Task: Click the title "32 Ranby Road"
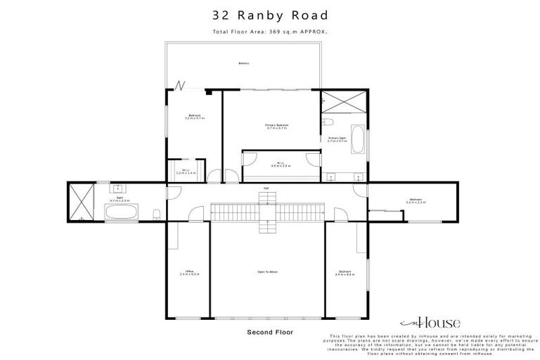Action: (271, 15)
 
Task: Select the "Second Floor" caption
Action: (270, 331)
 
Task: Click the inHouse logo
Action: (430, 323)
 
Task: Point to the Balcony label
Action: (243, 64)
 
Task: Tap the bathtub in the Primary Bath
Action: (358, 139)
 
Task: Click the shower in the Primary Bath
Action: (344, 103)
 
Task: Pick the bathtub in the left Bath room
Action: (121, 212)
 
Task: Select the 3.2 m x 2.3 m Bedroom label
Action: (416, 201)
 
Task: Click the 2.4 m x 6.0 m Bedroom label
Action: (345, 272)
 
